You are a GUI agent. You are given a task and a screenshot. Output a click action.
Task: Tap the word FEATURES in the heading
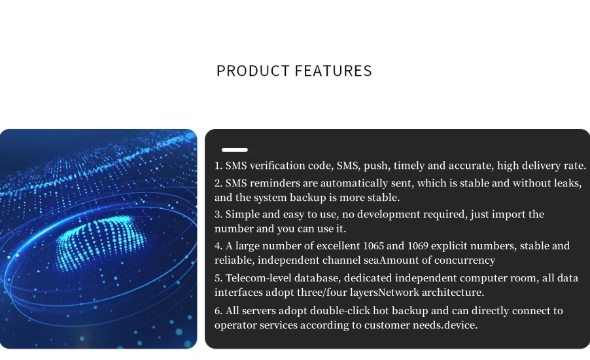(x=334, y=71)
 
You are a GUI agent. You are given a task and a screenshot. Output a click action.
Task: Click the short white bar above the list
(x=235, y=150)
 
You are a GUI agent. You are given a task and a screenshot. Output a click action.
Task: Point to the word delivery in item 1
(x=542, y=166)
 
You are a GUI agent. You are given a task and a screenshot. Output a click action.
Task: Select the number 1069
(x=418, y=246)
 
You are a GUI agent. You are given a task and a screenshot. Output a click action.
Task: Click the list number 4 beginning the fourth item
(x=218, y=246)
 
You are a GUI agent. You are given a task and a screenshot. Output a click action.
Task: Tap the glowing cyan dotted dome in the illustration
(x=101, y=241)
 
